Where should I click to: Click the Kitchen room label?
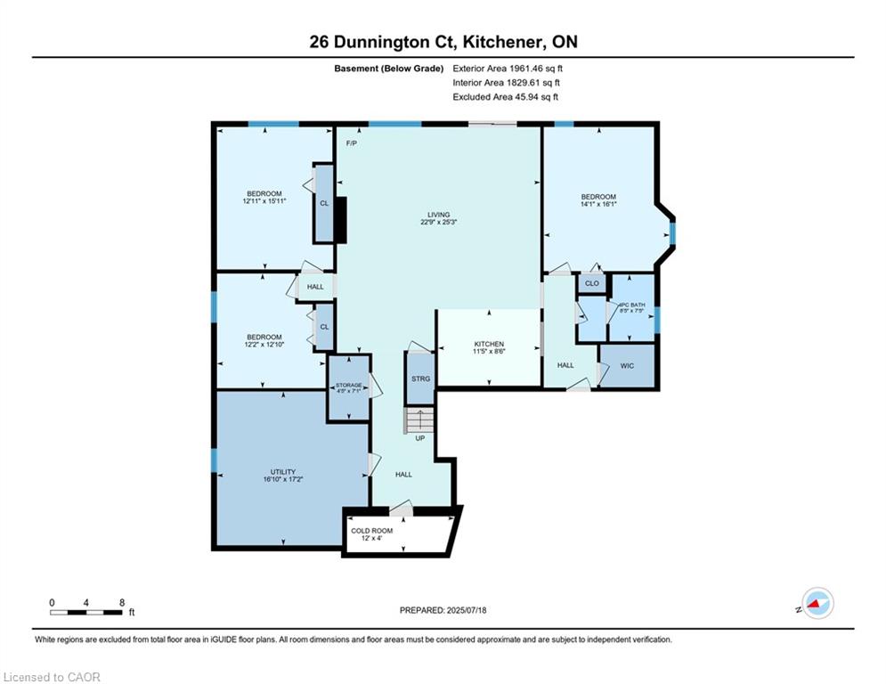pyautogui.click(x=489, y=344)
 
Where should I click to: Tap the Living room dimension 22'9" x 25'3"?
pyautogui.click(x=438, y=222)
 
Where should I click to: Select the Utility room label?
pyautogui.click(x=282, y=472)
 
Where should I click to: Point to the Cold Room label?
pyautogui.click(x=372, y=531)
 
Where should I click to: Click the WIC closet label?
pyautogui.click(x=627, y=366)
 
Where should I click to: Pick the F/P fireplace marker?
pyautogui.click(x=352, y=143)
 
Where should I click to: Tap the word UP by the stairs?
pyautogui.click(x=419, y=438)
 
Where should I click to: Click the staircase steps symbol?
pyautogui.click(x=419, y=420)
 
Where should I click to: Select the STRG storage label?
pyautogui.click(x=420, y=379)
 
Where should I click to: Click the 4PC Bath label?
pyautogui.click(x=631, y=305)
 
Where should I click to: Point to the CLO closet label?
pyautogui.click(x=591, y=283)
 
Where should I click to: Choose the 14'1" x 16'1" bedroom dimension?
pyautogui.click(x=598, y=204)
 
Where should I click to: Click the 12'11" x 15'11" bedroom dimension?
pyautogui.click(x=264, y=200)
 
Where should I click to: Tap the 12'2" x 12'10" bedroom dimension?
pyautogui.click(x=264, y=345)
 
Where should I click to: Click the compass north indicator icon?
pyautogui.click(x=817, y=603)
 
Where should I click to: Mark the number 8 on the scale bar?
pyautogui.click(x=121, y=603)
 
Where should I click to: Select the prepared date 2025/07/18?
pyautogui.click(x=467, y=610)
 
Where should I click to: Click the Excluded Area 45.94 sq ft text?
pyautogui.click(x=505, y=97)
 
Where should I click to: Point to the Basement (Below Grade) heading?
pyautogui.click(x=389, y=69)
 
